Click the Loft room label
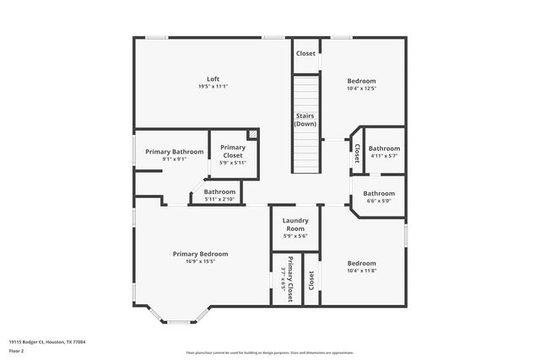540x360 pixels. tap(213, 78)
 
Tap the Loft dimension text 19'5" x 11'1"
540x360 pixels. tap(213, 86)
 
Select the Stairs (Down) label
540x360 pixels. tap(305, 120)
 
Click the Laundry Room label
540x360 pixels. tap(294, 225)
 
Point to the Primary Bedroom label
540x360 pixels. tap(200, 254)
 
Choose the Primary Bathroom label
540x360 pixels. tap(174, 152)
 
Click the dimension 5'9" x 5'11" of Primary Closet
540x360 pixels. tap(233, 163)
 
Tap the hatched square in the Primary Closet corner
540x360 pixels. tap(251, 134)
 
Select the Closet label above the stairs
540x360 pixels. tap(305, 53)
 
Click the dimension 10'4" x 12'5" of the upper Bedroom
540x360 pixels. tap(362, 88)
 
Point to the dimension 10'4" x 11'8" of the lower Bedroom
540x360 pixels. tap(362, 270)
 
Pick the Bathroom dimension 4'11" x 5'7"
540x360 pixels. tap(384, 155)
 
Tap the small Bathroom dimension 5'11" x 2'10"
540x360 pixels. tap(219, 199)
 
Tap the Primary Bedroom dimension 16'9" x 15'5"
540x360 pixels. tap(200, 261)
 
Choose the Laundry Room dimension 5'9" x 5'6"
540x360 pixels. tap(294, 236)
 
